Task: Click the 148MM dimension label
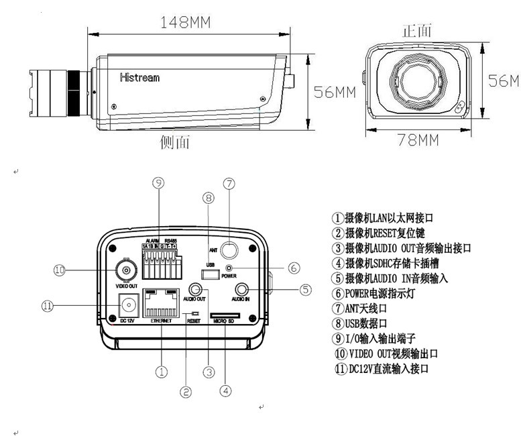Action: pos(185,21)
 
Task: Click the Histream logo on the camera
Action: pos(139,77)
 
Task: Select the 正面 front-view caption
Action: pos(416,31)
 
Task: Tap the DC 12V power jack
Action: pos(127,306)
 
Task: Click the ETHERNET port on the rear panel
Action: pos(161,305)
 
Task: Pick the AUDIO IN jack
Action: pos(242,289)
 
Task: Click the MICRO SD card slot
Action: pos(225,314)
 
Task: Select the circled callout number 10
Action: pos(59,270)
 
